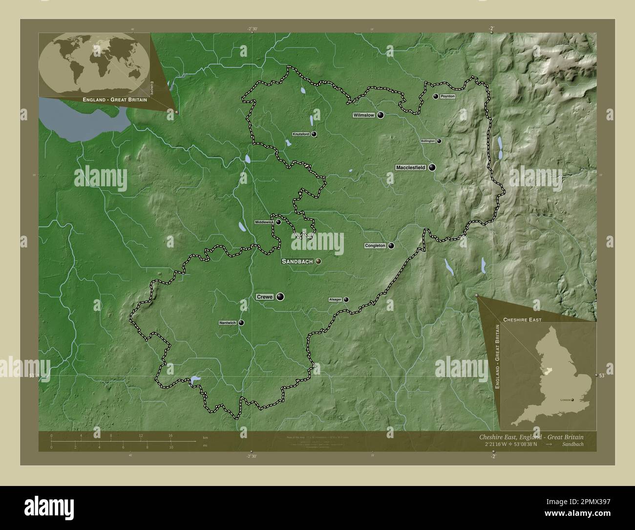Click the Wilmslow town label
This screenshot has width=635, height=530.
[364, 115]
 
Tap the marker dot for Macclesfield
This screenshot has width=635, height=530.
[432, 167]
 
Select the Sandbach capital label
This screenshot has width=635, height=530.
[297, 262]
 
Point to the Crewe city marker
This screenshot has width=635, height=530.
[280, 296]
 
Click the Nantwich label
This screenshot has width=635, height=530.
[228, 323]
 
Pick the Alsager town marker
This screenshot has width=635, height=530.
[346, 300]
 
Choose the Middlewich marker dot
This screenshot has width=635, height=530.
[278, 222]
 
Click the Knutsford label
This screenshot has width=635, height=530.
[301, 134]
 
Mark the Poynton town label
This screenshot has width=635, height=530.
[447, 96]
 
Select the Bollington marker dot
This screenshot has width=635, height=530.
[439, 141]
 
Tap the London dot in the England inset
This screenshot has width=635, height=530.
[573, 400]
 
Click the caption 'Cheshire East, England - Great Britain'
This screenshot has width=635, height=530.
[529, 437]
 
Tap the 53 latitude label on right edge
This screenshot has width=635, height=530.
[602, 375]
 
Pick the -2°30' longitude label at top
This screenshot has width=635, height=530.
[252, 29]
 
